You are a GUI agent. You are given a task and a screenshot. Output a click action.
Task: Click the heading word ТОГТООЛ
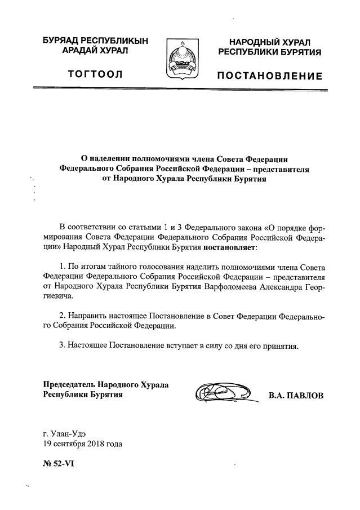(95, 74)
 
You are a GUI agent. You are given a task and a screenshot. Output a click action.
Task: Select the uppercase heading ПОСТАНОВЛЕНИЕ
(270, 76)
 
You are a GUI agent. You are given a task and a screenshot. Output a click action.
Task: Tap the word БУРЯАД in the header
(61, 41)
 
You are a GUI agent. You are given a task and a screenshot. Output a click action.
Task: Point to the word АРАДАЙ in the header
(75, 51)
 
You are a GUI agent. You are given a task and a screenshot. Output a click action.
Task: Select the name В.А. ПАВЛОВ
(296, 396)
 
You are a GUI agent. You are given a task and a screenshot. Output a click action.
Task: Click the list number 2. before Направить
(62, 316)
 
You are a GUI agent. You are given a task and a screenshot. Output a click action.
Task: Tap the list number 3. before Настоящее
(62, 345)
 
